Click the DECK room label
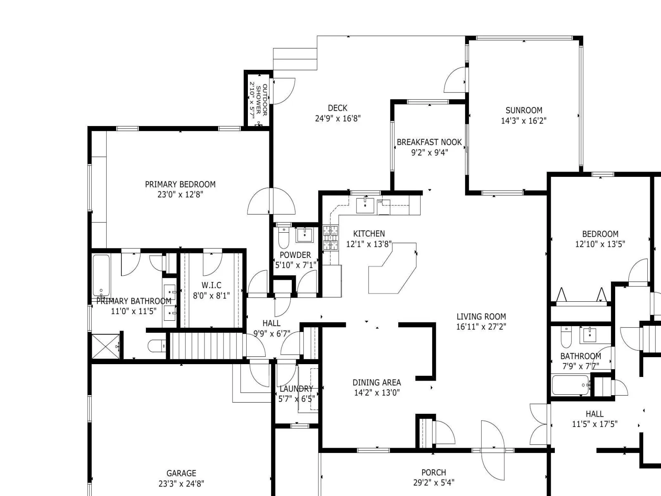(x=338, y=108)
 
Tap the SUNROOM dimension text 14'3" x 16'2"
(x=524, y=121)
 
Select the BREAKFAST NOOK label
(x=429, y=142)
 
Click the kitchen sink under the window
(x=365, y=205)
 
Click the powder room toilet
(x=283, y=238)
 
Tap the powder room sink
(x=304, y=235)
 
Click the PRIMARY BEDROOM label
(x=181, y=184)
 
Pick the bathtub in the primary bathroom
(x=101, y=276)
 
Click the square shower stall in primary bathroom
(x=106, y=346)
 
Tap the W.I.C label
(x=212, y=285)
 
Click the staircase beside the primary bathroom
(x=207, y=346)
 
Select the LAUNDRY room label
(x=296, y=389)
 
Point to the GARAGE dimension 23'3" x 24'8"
(x=181, y=484)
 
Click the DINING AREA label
(x=377, y=382)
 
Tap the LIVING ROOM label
(x=481, y=317)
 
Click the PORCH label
(x=434, y=472)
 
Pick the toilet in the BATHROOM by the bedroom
(x=566, y=337)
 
